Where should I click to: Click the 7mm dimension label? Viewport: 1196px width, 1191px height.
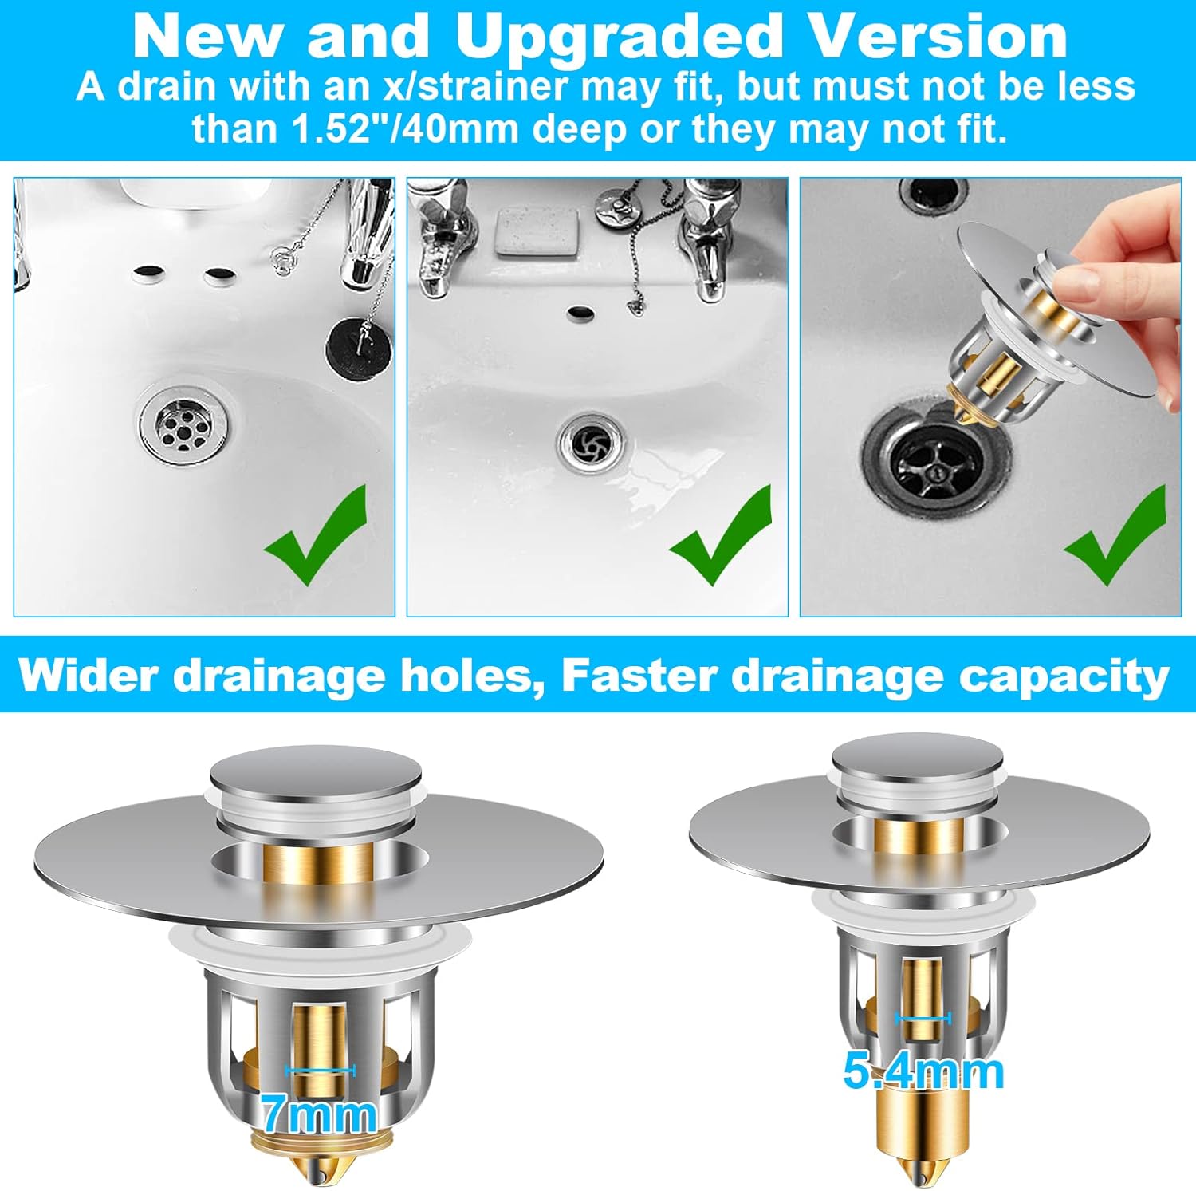coord(319,1114)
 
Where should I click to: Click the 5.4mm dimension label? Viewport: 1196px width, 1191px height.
coord(923,1071)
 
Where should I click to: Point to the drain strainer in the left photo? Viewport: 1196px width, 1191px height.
coord(184,423)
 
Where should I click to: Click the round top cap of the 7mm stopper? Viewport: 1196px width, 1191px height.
coord(316,771)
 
